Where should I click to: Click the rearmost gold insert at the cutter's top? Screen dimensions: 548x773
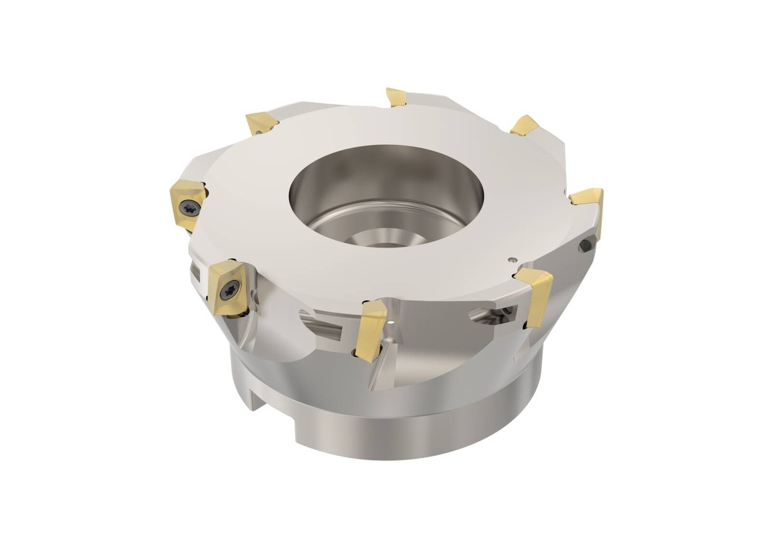click(396, 97)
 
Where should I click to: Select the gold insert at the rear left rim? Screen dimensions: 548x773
click(261, 122)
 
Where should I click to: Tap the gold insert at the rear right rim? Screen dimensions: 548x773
click(525, 125)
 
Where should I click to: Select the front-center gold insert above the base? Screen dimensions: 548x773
click(371, 329)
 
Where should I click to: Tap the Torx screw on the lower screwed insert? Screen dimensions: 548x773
click(232, 289)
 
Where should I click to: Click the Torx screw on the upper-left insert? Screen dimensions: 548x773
click(190, 205)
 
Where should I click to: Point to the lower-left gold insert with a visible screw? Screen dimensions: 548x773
click(228, 288)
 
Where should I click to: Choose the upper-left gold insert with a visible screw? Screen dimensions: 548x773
click(187, 202)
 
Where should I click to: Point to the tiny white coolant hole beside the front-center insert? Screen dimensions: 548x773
click(390, 322)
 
